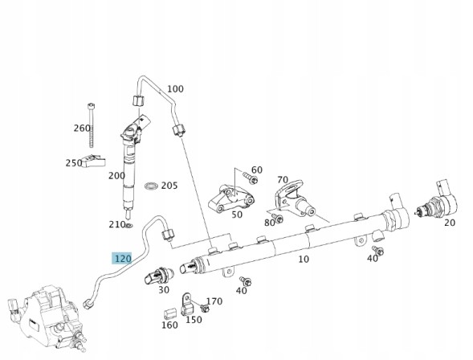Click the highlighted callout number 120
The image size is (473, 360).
[121, 258]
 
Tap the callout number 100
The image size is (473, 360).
[175, 89]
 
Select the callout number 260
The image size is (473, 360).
[82, 129]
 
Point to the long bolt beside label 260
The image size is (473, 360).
[92, 125]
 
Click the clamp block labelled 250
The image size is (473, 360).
[95, 161]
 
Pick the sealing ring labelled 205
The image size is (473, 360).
[152, 186]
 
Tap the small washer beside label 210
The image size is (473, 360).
[129, 225]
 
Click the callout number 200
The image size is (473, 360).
[116, 176]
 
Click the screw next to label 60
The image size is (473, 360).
[250, 178]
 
